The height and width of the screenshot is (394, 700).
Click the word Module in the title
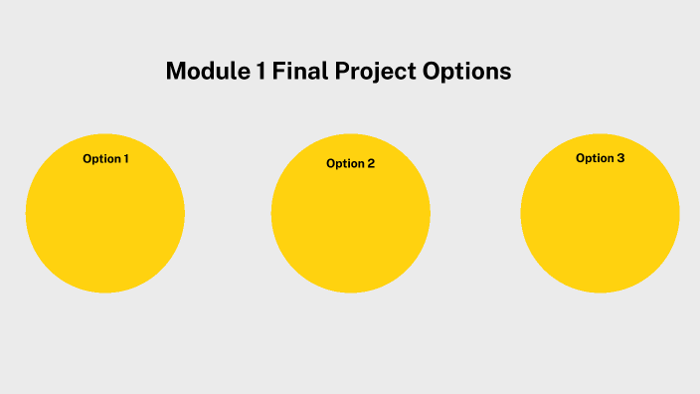(202, 72)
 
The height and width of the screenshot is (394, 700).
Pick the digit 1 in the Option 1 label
(125, 159)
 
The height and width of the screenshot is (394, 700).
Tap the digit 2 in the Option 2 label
(371, 163)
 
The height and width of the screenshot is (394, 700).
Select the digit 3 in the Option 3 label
(620, 158)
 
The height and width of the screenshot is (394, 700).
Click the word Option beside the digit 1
(100, 159)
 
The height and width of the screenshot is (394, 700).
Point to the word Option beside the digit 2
(344, 163)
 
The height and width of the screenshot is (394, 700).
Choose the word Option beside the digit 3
(595, 158)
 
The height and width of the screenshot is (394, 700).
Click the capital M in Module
(175, 72)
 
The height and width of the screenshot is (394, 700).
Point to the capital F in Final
(270, 72)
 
